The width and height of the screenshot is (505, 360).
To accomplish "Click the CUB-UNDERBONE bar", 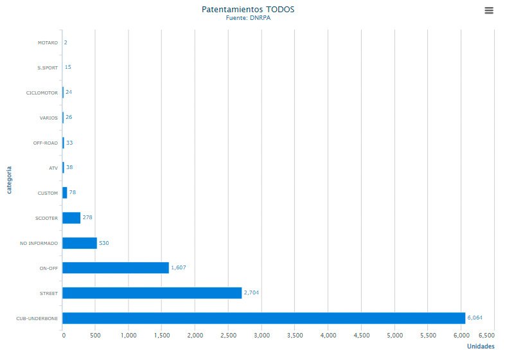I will [263, 318].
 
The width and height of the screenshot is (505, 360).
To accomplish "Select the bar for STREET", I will [152, 292].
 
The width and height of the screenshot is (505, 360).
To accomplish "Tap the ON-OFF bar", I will [116, 267].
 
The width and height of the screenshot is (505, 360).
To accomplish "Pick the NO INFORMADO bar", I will [80, 243].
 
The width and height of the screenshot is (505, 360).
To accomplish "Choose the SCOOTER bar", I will [71, 218].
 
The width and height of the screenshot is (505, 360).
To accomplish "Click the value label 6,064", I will [475, 318].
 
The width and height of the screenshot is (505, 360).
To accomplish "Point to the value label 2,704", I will [251, 292].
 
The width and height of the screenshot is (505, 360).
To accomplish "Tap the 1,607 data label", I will [179, 267].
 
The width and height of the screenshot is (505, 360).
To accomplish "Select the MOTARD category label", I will [48, 42].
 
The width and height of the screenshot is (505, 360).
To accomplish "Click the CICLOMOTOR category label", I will [42, 93].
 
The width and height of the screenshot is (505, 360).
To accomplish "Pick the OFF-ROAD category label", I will [46, 143].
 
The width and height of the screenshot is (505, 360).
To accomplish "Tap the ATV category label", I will [53, 168].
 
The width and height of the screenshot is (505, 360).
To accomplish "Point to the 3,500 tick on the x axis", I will [295, 336].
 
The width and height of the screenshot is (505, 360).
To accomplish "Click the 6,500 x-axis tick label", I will [486, 336].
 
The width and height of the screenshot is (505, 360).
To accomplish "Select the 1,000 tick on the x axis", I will [128, 336].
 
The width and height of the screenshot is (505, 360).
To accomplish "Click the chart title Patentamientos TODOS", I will [248, 10].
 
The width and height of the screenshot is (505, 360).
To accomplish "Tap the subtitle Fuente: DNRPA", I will [248, 18].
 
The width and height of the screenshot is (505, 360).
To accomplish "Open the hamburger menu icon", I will [489, 10].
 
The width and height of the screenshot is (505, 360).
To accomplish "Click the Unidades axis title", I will [481, 347].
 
